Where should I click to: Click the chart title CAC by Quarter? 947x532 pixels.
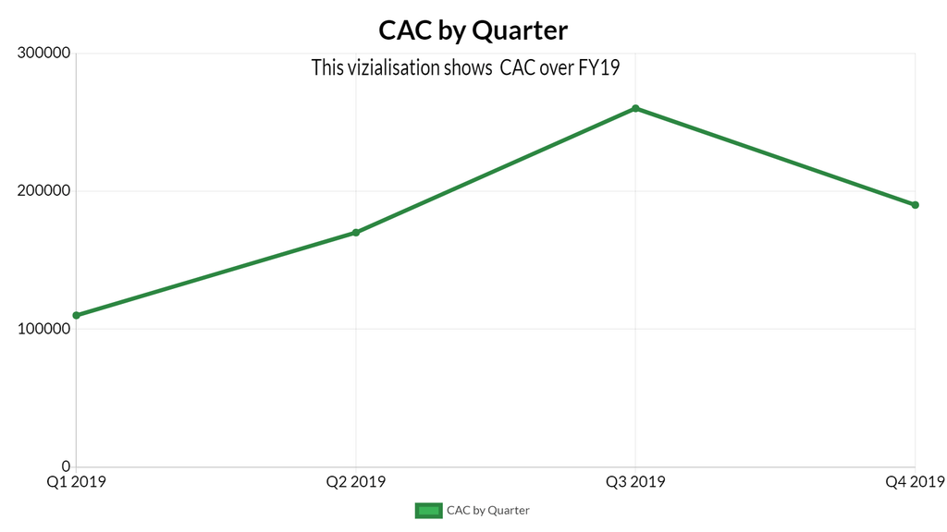(x=473, y=30)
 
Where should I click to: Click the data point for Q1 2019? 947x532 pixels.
(x=76, y=315)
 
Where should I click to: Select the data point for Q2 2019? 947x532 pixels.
(x=356, y=233)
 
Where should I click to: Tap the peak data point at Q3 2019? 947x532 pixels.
(x=635, y=108)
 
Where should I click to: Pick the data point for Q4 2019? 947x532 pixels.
(x=915, y=205)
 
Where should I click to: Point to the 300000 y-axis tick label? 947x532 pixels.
(x=45, y=54)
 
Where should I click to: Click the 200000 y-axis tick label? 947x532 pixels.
(x=45, y=191)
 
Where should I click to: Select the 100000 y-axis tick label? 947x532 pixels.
(x=45, y=329)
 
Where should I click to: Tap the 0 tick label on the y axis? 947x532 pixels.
(x=66, y=466)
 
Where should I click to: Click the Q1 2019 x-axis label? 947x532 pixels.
(x=76, y=482)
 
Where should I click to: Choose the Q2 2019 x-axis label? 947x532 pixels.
(x=356, y=482)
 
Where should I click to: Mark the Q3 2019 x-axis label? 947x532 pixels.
(x=635, y=482)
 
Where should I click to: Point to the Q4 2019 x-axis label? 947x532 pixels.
(x=914, y=482)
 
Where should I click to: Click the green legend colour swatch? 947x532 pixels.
(x=427, y=510)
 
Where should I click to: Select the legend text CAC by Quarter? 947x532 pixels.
(x=487, y=510)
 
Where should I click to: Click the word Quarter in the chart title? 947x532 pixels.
(x=520, y=30)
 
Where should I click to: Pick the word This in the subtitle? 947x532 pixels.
(x=327, y=67)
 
